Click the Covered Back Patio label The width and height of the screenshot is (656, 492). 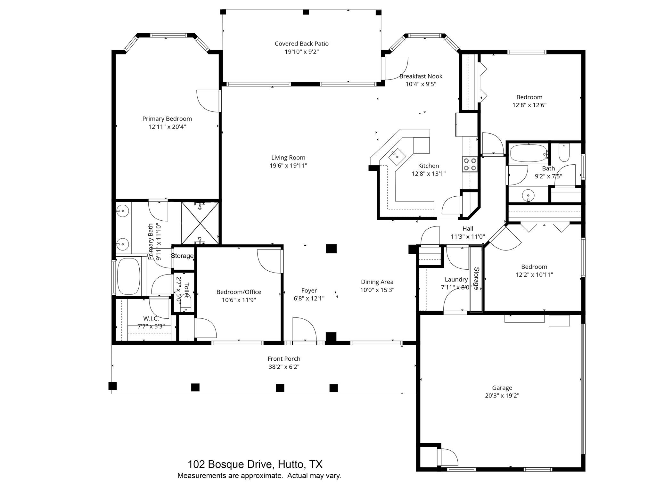click(x=301, y=44)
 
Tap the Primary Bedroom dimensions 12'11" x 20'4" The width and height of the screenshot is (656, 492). click(x=167, y=127)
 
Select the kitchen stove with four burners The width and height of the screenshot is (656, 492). click(x=470, y=164)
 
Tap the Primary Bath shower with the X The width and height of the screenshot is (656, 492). click(x=200, y=223)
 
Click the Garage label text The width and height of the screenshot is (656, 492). click(x=502, y=388)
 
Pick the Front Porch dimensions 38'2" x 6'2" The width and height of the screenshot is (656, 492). click(x=284, y=367)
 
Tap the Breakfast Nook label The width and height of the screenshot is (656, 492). click(x=421, y=76)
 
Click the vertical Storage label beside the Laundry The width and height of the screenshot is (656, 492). click(x=476, y=278)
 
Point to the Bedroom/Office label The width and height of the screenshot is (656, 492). click(x=239, y=292)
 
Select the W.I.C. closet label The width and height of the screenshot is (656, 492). click(x=151, y=319)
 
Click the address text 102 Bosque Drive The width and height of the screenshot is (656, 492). click(x=255, y=464)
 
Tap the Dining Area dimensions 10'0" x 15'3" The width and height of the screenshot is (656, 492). click(x=377, y=290)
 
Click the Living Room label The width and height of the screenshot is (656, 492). click(x=288, y=158)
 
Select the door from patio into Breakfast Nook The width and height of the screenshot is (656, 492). click(x=395, y=69)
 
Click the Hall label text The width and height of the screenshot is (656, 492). click(x=468, y=229)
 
